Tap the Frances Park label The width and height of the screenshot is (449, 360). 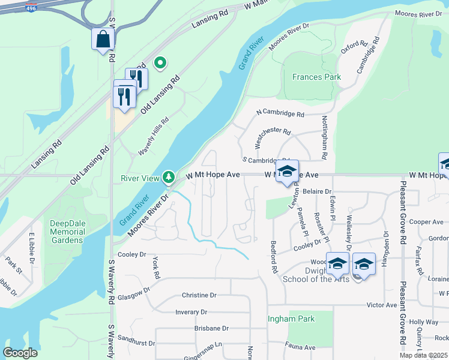[316, 77]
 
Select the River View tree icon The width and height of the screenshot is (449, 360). [169, 177]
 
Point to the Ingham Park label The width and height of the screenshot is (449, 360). [291, 319]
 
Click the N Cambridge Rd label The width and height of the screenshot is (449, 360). [280, 113]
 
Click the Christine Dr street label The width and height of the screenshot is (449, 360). [199, 295]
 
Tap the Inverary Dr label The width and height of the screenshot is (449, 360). [191, 312]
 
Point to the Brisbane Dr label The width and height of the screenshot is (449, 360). [211, 328]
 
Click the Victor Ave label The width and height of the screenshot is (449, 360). [382, 305]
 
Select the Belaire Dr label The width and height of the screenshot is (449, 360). [317, 191]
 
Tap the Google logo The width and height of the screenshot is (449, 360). [20, 353]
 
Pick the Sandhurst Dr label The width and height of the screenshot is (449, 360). [136, 344]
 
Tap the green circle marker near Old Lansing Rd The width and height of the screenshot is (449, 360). [160, 62]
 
